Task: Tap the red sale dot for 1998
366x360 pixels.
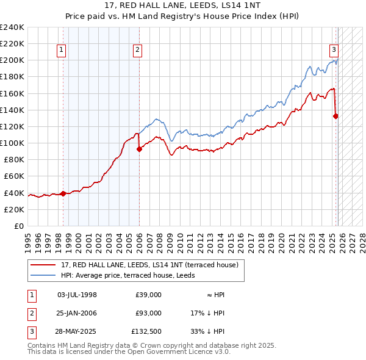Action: click(63, 193)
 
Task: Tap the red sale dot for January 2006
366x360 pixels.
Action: click(139, 148)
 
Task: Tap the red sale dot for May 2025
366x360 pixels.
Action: click(336, 115)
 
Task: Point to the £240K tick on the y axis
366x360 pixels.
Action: click(12, 27)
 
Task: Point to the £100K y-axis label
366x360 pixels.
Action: click(12, 143)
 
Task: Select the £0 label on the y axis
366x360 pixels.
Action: click(19, 226)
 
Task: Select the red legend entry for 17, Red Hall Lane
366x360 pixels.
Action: click(153, 264)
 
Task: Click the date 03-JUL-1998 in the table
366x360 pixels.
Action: click(76, 295)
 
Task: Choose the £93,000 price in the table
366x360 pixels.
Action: click(149, 313)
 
